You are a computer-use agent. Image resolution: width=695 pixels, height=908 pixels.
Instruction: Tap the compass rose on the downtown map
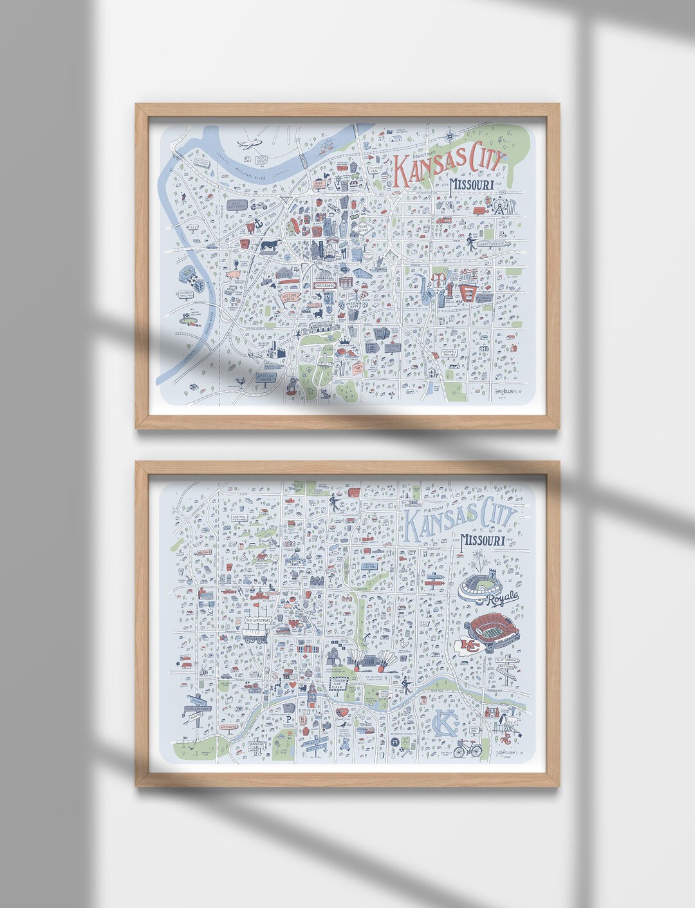point(447,137)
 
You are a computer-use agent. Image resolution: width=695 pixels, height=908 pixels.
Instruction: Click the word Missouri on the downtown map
point(476,185)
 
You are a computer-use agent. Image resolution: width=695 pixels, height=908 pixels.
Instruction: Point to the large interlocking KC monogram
point(445,724)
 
